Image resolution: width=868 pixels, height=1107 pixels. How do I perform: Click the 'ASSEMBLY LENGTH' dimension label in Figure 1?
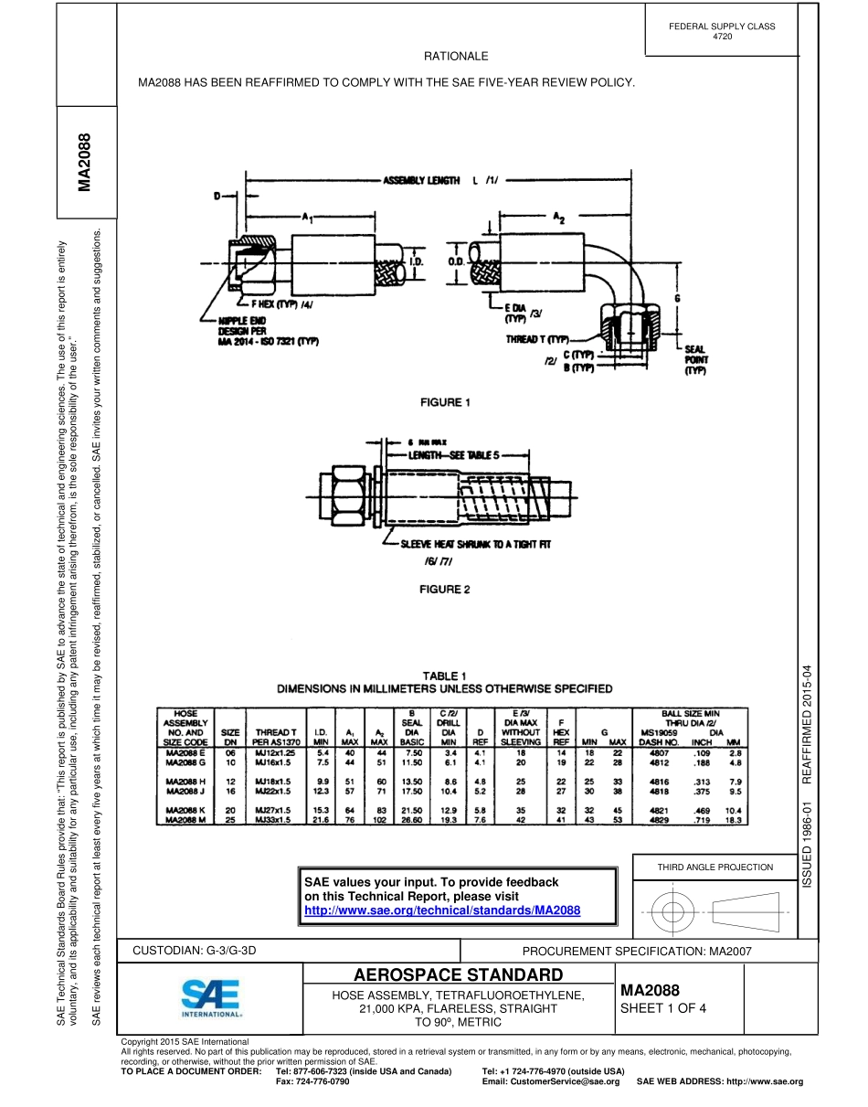421,181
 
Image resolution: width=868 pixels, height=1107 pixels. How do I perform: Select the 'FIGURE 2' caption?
444,590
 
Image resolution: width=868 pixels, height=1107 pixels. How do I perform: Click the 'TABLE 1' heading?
445,676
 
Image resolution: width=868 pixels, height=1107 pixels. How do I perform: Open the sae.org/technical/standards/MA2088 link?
442,911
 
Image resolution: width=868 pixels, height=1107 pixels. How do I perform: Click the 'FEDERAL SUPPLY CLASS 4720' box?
722,31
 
